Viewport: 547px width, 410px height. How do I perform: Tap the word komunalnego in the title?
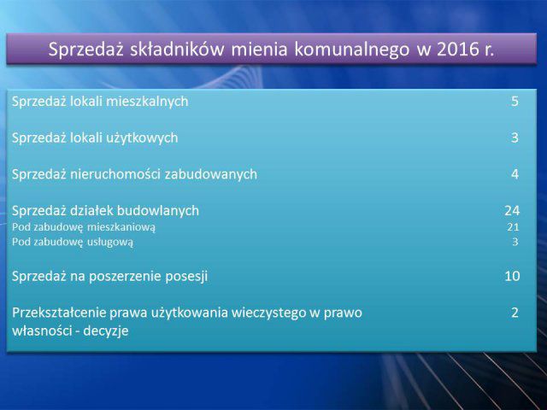pos(352,50)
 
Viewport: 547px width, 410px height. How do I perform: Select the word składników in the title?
pos(177,49)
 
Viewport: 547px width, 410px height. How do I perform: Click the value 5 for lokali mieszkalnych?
pos(515,102)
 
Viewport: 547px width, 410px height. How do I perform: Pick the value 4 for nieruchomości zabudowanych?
pos(515,174)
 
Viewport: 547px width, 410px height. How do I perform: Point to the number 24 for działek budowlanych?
pos(512,211)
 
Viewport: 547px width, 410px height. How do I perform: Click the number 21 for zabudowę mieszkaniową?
pos(513,227)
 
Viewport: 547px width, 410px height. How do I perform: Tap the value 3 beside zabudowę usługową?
pos(515,242)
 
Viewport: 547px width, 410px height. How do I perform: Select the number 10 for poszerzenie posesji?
pos(512,276)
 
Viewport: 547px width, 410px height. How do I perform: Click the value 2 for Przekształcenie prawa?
pos(515,313)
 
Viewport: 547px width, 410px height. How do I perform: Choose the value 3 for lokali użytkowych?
pos(515,138)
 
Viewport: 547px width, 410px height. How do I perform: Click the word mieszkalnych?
pos(147,102)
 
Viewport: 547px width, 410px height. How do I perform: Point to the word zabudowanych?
pos(211,174)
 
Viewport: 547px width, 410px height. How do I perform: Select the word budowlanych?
pos(157,211)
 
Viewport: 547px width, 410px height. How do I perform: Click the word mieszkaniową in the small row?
pos(121,228)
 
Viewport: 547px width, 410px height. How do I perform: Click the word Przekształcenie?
pos(59,313)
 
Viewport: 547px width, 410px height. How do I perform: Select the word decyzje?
pos(106,331)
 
